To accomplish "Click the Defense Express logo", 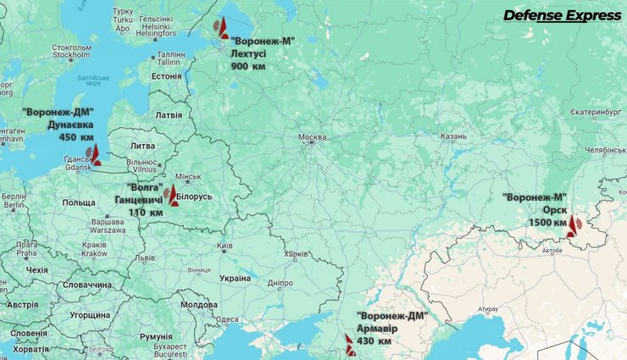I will [561, 15].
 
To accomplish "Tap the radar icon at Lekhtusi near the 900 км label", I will [222, 28].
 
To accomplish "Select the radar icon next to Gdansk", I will [93, 154].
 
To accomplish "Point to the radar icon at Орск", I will [574, 225].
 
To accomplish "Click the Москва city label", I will [311, 137].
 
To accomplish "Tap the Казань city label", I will [453, 136].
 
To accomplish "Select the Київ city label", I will [225, 246].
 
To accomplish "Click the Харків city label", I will [296, 252].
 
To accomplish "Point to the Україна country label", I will [235, 277].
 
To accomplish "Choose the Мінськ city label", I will [186, 176].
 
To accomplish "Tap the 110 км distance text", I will [145, 213].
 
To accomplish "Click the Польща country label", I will [79, 202].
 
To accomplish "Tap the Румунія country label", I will [156, 336].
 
